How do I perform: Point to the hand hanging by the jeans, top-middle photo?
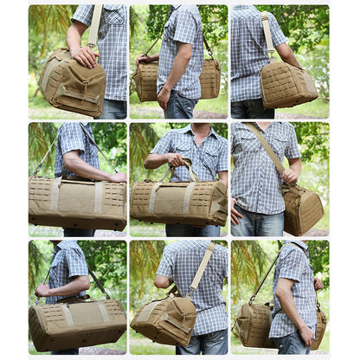coord(163,98)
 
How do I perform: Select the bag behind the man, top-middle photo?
coord(209,79)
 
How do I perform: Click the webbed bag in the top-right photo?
coord(288,85)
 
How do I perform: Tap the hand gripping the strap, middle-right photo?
coord(290,176)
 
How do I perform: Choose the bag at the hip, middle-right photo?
coord(302,209)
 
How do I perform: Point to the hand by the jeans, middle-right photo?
coord(235,211)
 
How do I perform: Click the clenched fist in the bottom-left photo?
coord(42,290)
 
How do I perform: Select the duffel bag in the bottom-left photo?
coord(77,323)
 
